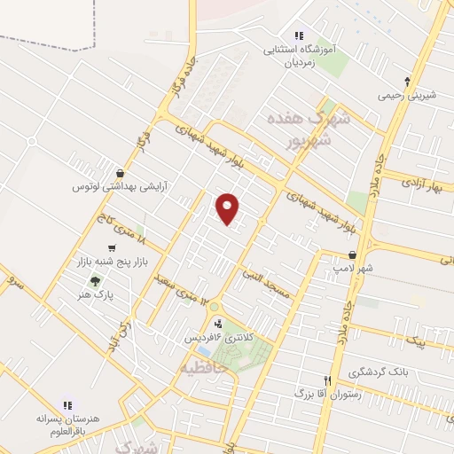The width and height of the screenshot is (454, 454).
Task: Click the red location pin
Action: tap(229, 208)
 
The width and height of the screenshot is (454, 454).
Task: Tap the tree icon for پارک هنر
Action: tap(95, 280)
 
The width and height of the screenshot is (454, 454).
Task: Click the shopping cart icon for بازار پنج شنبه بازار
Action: tap(111, 248)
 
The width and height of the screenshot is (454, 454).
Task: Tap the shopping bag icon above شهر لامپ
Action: tap(353, 255)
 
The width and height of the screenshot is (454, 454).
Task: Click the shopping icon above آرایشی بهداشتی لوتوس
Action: tap(120, 174)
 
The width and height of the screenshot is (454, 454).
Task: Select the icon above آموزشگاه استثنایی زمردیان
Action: tap(299, 35)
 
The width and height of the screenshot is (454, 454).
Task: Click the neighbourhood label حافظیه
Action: tap(204, 365)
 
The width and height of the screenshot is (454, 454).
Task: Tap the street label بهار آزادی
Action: tap(420, 184)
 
